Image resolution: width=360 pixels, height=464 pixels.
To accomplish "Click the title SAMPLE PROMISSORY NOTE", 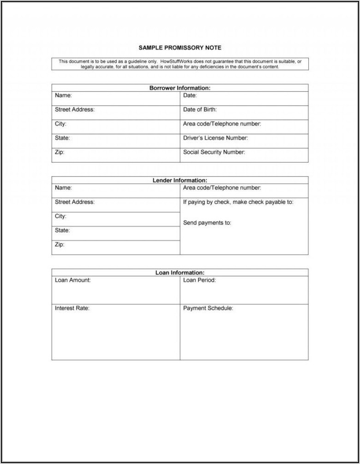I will [180, 48].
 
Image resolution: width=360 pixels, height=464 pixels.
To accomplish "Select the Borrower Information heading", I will [180, 88].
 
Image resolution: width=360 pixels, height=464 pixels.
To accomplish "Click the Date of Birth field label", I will [200, 110].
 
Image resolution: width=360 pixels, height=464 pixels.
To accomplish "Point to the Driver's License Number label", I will [216, 138].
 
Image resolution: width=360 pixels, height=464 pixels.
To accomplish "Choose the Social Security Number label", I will [214, 152].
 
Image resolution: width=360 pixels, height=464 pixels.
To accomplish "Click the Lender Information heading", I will [180, 180].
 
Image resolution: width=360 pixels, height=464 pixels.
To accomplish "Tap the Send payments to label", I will [207, 223].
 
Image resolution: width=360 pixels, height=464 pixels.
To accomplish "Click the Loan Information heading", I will [180, 273].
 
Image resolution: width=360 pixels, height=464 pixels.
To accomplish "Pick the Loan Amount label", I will [73, 280].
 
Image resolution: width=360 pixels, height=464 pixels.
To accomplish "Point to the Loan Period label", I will [199, 280].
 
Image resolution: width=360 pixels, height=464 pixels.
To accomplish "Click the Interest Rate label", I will [72, 308].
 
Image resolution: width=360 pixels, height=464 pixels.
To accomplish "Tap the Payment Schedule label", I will [208, 308].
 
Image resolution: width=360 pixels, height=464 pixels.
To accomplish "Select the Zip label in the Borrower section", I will [60, 152].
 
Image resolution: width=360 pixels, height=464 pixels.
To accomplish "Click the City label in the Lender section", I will [60, 216].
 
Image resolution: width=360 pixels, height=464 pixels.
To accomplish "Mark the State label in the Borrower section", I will [62, 138].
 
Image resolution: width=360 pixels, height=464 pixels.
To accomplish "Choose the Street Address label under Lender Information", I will [75, 202].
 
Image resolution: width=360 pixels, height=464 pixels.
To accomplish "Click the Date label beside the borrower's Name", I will [190, 95].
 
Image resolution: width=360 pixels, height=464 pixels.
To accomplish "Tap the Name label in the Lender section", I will [63, 188].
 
